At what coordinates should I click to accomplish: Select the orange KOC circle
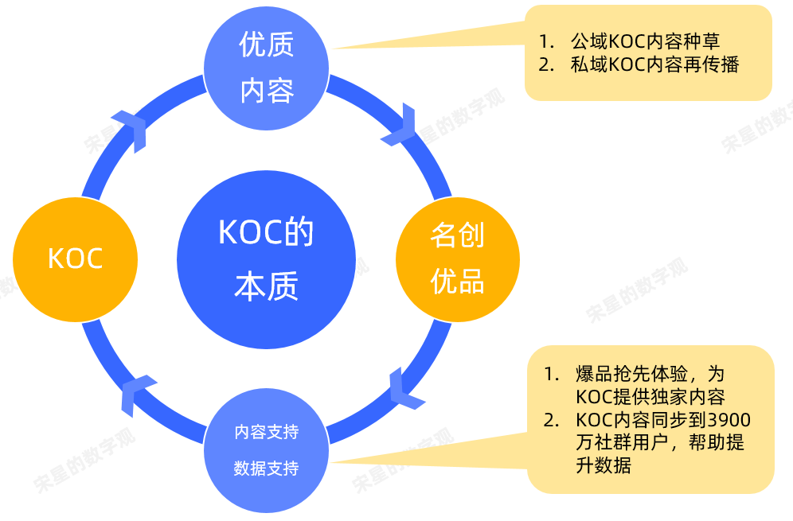pyautogui.click(x=75, y=259)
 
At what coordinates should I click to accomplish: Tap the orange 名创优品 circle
pyautogui.click(x=457, y=259)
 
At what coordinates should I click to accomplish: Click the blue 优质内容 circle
pyautogui.click(x=267, y=68)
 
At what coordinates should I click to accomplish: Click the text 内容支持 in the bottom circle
pyautogui.click(x=266, y=433)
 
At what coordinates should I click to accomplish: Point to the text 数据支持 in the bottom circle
pyautogui.click(x=266, y=469)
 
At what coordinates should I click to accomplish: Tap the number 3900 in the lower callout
pyautogui.click(x=729, y=418)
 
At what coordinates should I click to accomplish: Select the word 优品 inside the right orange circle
pyautogui.click(x=457, y=282)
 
